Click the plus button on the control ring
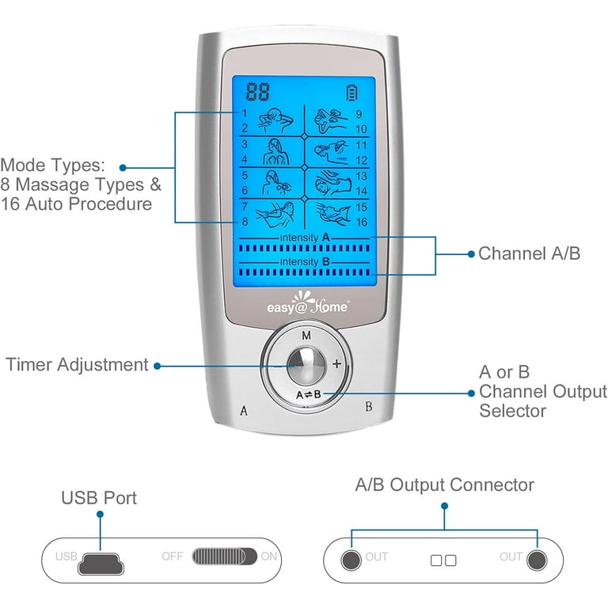coord(336,364)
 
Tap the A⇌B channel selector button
coord(307,393)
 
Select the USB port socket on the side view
coord(101,557)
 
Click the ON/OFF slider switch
coord(225,556)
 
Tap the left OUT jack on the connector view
coord(351,559)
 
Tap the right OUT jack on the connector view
coord(537,559)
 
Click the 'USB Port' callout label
coord(99,498)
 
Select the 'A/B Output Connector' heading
coord(444,484)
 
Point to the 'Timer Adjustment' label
coord(77,365)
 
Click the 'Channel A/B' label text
coord(530,254)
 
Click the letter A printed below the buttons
coord(244,410)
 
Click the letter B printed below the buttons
coord(368,408)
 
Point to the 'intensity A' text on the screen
coord(304,237)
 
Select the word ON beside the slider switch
coord(269,557)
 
